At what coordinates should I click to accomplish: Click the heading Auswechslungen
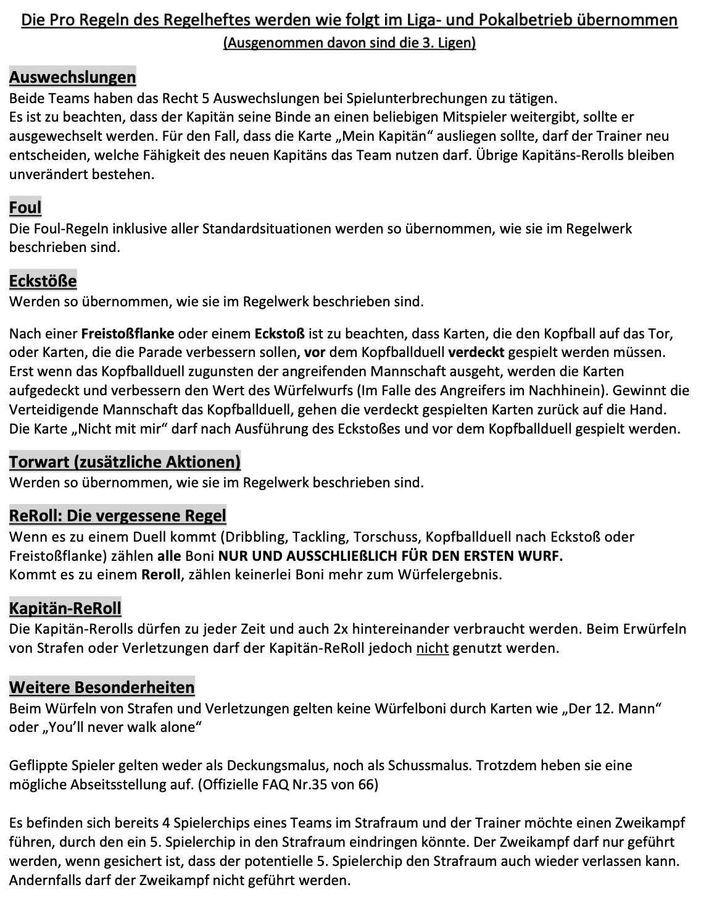[72, 78]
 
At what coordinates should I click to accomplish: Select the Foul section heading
[25, 208]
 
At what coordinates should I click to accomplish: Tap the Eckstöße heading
[43, 281]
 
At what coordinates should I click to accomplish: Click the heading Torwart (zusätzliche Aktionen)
[125, 461]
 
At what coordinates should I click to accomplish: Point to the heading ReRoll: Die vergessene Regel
[117, 515]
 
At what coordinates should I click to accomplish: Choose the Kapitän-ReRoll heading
[65, 608]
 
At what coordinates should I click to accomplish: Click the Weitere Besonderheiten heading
[102, 687]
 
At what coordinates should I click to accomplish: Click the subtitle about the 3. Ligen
[349, 43]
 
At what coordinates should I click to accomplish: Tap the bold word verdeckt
[476, 353]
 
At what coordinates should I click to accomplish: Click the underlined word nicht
[432, 649]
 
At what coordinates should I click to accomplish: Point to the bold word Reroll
[160, 574]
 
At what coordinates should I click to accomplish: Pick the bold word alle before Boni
[169, 556]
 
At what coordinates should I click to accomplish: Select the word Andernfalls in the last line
[45, 880]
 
